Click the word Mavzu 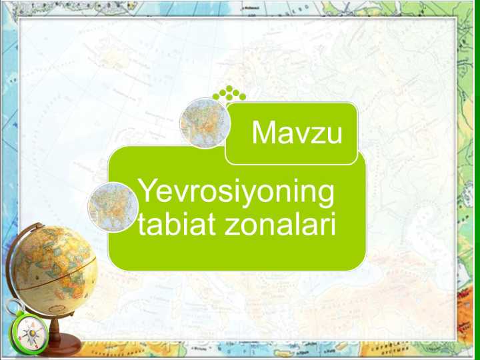(x=297, y=133)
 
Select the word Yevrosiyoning (x=235, y=194)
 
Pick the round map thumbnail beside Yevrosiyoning (x=113, y=207)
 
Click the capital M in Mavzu (x=263, y=133)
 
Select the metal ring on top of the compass (x=15, y=306)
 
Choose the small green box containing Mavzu (x=291, y=133)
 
